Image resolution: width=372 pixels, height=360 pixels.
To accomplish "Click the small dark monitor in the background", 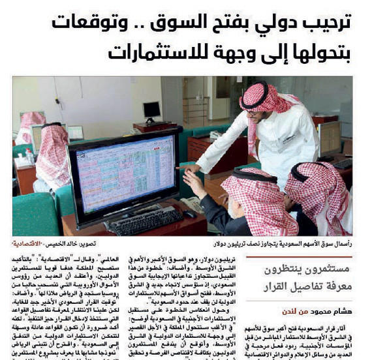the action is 151,110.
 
